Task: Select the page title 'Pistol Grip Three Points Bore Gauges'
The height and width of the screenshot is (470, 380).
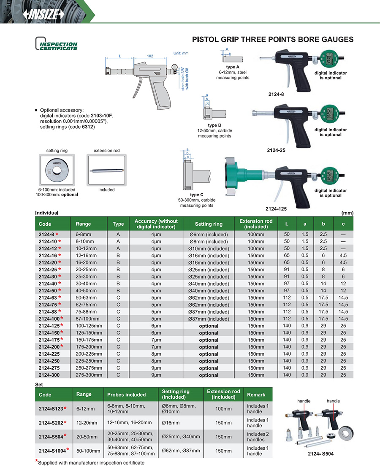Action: (x=273, y=40)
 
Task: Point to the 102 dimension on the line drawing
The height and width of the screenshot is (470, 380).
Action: (x=149, y=56)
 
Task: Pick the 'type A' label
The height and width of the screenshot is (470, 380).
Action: (x=232, y=67)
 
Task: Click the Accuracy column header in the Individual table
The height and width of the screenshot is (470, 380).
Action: (x=156, y=224)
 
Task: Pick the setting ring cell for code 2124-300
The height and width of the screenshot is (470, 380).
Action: (x=209, y=375)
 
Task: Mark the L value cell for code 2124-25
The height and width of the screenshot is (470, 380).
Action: (x=287, y=270)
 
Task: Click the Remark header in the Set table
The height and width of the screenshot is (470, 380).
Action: (x=256, y=394)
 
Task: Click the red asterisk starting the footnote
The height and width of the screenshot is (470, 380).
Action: (x=36, y=461)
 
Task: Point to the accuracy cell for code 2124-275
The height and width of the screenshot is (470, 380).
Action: (x=156, y=368)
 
